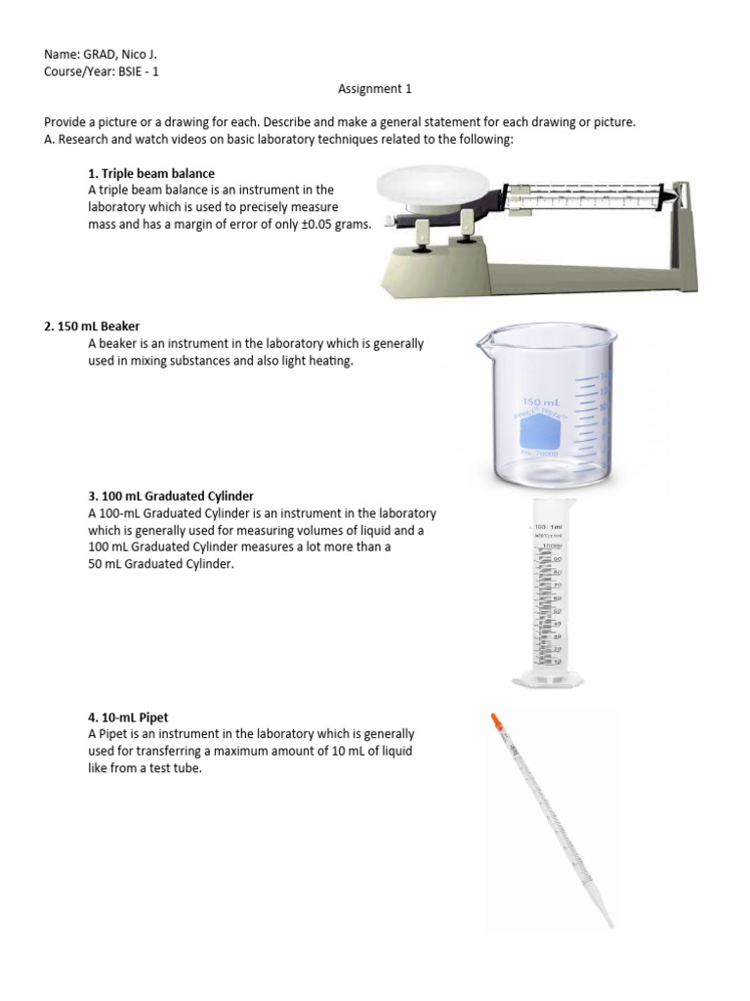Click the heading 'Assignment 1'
[375, 89]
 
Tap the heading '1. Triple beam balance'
[150, 173]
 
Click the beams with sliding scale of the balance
[586, 199]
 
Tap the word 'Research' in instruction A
[85, 140]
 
